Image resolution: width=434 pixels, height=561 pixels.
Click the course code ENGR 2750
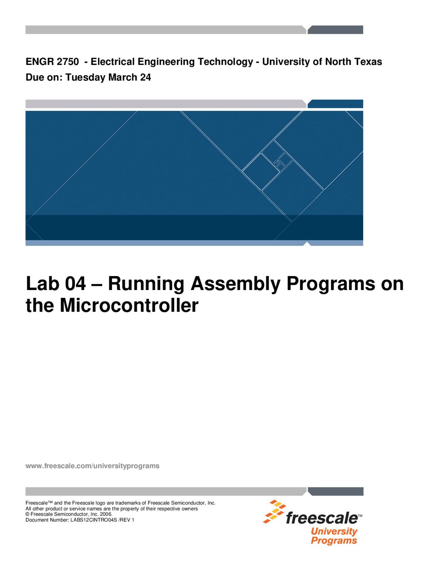pyautogui.click(x=52, y=62)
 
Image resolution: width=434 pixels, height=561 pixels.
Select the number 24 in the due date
pyautogui.click(x=145, y=77)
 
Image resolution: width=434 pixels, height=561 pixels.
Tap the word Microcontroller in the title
pyautogui.click(x=129, y=305)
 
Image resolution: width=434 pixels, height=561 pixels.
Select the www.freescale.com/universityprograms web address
pyautogui.click(x=92, y=466)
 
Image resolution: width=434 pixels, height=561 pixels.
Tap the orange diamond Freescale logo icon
pyautogui.click(x=273, y=512)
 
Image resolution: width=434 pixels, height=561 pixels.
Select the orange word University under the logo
pyautogui.click(x=334, y=532)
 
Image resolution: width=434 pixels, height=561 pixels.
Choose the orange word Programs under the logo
pyautogui.click(x=334, y=540)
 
